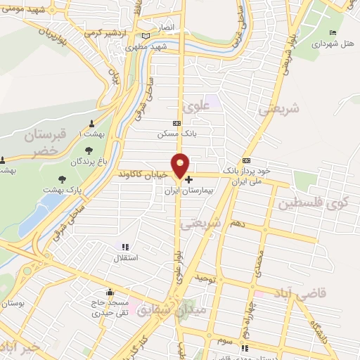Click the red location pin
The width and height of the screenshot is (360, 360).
181,165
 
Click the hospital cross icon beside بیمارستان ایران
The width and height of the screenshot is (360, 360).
188,179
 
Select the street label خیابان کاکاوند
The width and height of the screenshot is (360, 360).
144,173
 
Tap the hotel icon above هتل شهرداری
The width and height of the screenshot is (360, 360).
333,33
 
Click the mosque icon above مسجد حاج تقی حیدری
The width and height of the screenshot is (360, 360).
109,292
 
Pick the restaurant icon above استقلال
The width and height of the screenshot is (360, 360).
125,247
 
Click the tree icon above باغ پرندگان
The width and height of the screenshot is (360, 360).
88,150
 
